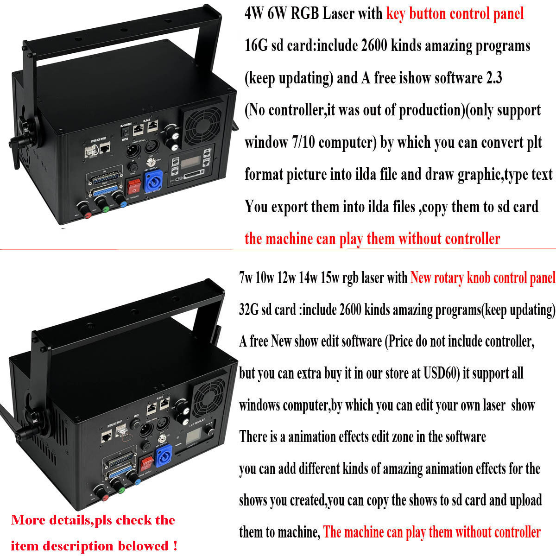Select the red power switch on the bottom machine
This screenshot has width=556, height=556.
(x=147, y=461)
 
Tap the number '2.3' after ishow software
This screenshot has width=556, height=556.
(x=493, y=78)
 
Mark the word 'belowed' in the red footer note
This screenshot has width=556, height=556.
(x=143, y=546)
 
